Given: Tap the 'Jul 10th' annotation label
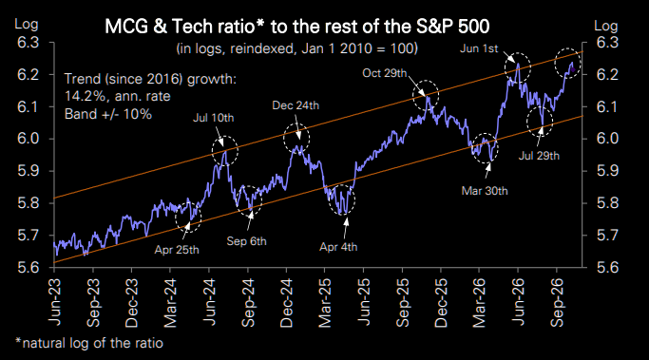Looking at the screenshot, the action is pyautogui.click(x=213, y=118).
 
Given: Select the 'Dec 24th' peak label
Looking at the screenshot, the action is pyautogui.click(x=296, y=105).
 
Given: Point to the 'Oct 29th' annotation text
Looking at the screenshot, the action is pyautogui.click(x=385, y=73).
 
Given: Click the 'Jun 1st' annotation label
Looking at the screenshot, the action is pyautogui.click(x=479, y=48).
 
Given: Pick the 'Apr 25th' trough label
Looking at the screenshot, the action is pyautogui.click(x=177, y=250).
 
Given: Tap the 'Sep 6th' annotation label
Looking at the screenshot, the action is pyautogui.click(x=246, y=241).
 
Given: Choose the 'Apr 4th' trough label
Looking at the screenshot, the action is pyautogui.click(x=338, y=247).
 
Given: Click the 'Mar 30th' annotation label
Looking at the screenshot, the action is pyautogui.click(x=485, y=191).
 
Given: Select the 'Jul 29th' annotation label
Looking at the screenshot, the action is pyautogui.click(x=539, y=156).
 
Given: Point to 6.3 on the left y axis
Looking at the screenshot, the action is pyautogui.click(x=28, y=42).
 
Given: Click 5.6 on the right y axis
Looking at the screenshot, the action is pyautogui.click(x=607, y=267).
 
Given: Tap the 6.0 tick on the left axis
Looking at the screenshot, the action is pyautogui.click(x=28, y=139).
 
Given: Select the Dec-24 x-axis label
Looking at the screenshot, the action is pyautogui.click(x=286, y=303).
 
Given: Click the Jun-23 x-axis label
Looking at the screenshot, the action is pyautogui.click(x=54, y=302).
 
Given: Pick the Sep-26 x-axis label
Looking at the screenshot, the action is pyautogui.click(x=557, y=303).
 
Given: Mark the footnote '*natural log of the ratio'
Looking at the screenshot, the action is pyautogui.click(x=89, y=343).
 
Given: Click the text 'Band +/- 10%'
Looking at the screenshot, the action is pyautogui.click(x=108, y=114).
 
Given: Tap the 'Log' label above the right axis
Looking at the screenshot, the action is pyautogui.click(x=606, y=26).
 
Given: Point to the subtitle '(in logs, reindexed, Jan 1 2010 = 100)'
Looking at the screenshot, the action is pyautogui.click(x=297, y=48).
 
